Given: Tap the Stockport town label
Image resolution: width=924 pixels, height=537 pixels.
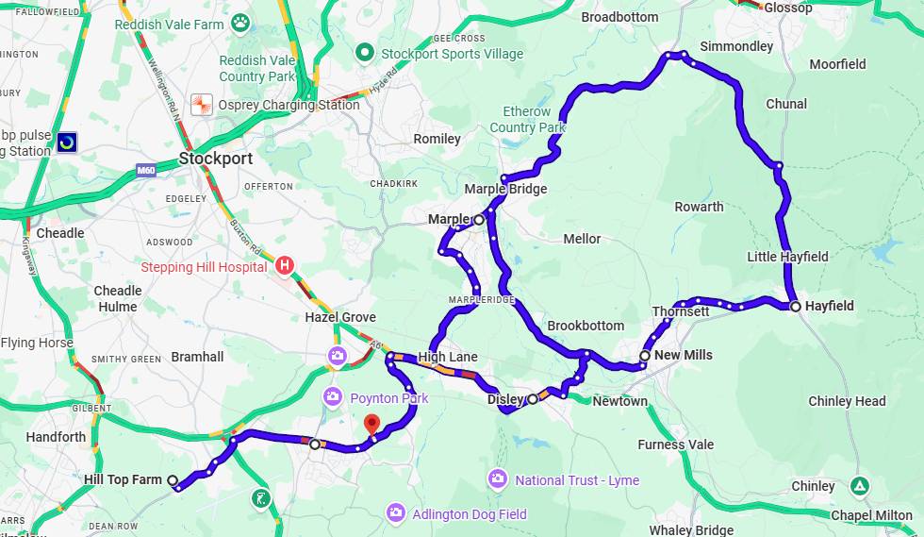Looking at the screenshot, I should pos(216,159).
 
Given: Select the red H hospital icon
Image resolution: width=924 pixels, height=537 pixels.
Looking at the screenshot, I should pos(285,266).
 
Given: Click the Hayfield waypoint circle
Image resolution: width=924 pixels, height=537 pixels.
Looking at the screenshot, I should pos(796,307).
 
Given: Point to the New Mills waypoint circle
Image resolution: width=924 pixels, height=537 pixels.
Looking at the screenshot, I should pos(645,356).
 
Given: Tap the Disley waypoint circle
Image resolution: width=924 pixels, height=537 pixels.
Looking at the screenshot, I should pos(533,399).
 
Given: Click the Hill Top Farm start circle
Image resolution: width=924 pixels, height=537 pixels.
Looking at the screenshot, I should pos(173,480).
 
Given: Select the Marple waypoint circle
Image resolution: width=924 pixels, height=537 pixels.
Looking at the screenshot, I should pos(479,219).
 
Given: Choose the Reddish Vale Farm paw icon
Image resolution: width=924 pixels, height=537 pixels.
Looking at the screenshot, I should pos(242,22).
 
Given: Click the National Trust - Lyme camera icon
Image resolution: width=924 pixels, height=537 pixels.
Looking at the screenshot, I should pos(498,479).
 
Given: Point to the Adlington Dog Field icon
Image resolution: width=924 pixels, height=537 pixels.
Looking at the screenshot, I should pos(396,512).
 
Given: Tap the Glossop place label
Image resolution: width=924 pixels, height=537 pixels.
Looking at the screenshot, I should pos(788,8).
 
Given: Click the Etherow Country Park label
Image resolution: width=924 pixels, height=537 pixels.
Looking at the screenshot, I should pos(528,120).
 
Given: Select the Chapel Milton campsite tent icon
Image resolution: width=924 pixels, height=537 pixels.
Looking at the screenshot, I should pos(860,486).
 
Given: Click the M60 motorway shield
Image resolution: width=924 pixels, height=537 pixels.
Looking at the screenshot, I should pos(145,170).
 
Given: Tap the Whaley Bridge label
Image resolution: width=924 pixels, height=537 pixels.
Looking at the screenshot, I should pos(691,530).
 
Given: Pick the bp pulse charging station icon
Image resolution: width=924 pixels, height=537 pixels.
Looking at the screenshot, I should pos(67,143).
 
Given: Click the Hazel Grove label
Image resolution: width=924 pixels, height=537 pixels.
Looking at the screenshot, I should pos(340,317).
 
